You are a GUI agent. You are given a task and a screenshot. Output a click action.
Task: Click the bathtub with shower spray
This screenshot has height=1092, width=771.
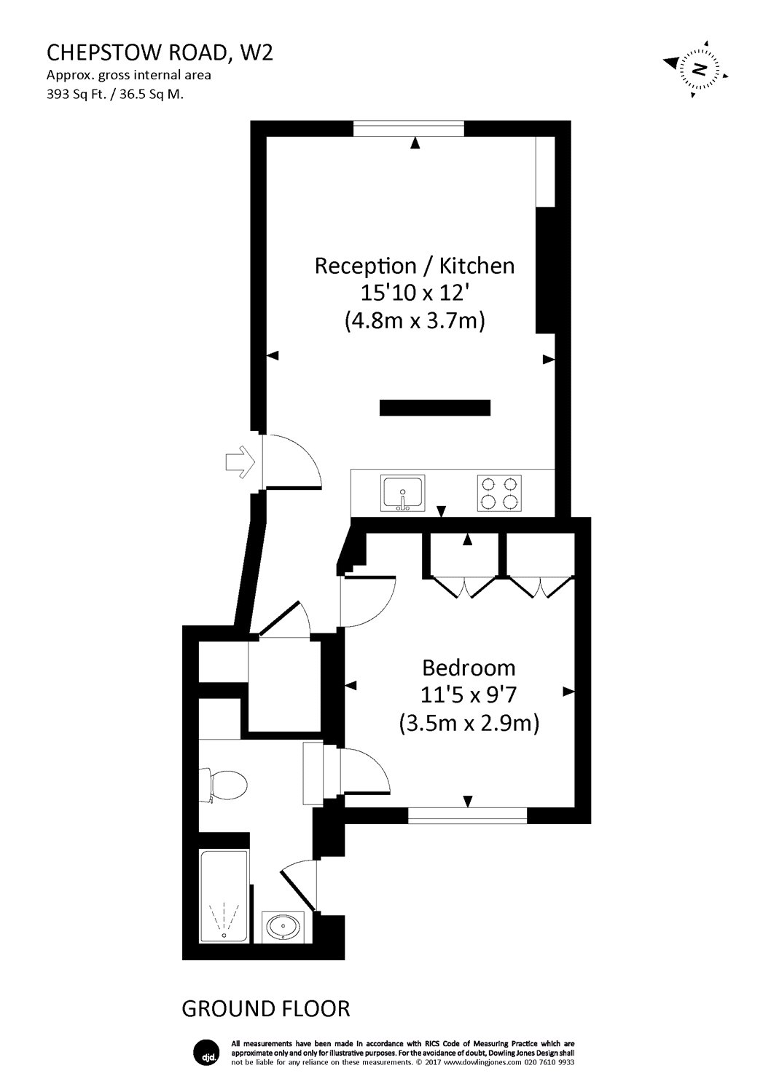224,901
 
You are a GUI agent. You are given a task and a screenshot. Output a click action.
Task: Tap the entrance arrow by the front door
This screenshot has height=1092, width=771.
240,462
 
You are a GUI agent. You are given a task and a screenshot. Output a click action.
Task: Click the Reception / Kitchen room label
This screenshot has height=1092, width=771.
414,266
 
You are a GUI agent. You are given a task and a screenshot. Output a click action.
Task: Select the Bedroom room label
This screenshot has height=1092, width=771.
469,668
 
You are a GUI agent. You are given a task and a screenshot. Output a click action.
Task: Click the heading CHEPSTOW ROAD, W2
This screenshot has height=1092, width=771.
160,52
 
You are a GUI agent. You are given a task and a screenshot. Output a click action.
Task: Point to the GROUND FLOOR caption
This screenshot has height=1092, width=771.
265,1009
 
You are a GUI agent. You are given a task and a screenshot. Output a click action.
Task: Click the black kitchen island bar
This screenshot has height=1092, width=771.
434,408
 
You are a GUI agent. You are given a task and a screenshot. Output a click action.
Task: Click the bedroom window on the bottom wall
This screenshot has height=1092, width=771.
467,815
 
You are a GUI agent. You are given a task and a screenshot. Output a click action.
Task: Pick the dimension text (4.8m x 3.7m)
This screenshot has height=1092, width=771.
414,320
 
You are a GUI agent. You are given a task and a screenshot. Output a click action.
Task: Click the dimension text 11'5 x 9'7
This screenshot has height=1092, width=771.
469,695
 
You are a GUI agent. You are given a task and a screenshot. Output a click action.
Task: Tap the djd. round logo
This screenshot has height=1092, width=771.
206,1053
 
